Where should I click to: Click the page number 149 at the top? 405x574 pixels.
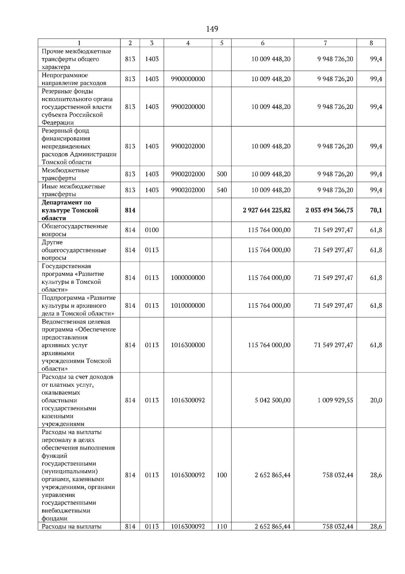tap(212, 29)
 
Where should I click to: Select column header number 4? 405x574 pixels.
tap(188, 43)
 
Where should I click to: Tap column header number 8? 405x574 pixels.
tap(371, 43)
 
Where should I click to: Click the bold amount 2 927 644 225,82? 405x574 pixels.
tap(266, 210)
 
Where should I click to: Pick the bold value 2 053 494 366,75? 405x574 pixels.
tap(329, 210)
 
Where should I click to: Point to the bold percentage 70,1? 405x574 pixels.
tap(376, 210)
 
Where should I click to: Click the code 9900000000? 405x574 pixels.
tap(188, 79)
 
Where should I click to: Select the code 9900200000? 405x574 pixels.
tap(188, 107)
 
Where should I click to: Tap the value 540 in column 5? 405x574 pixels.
tap(222, 190)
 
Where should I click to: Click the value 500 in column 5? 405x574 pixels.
tap(222, 174)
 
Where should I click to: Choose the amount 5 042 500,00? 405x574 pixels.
tap(272, 400)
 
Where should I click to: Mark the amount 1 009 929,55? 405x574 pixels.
tap(335, 400)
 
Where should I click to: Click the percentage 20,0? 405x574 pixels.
tap(376, 400)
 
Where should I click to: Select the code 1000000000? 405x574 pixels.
tap(188, 278)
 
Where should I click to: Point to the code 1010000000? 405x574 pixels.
tap(188, 306)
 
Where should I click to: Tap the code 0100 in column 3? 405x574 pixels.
tap(152, 230)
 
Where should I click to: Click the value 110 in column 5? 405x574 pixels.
tap(222, 527)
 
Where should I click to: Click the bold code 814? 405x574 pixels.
tap(130, 210)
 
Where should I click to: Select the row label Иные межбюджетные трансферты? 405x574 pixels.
tap(74, 190)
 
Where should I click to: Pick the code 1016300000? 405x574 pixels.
tap(188, 345)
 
